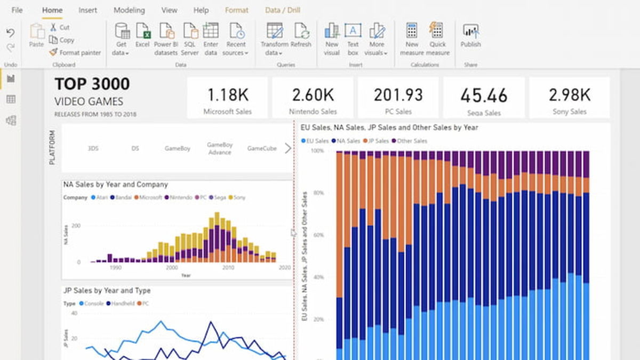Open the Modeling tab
(x=129, y=10)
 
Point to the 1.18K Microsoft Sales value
(x=228, y=95)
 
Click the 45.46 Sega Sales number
(x=484, y=95)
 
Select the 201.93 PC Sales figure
(x=398, y=95)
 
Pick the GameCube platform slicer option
(x=262, y=148)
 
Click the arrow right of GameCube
(x=288, y=148)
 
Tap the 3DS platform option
(x=93, y=149)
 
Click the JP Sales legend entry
(x=377, y=141)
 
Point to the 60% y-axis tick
(x=317, y=235)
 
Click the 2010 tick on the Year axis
(x=228, y=268)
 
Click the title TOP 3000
(x=92, y=84)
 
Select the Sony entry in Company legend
(x=239, y=197)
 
